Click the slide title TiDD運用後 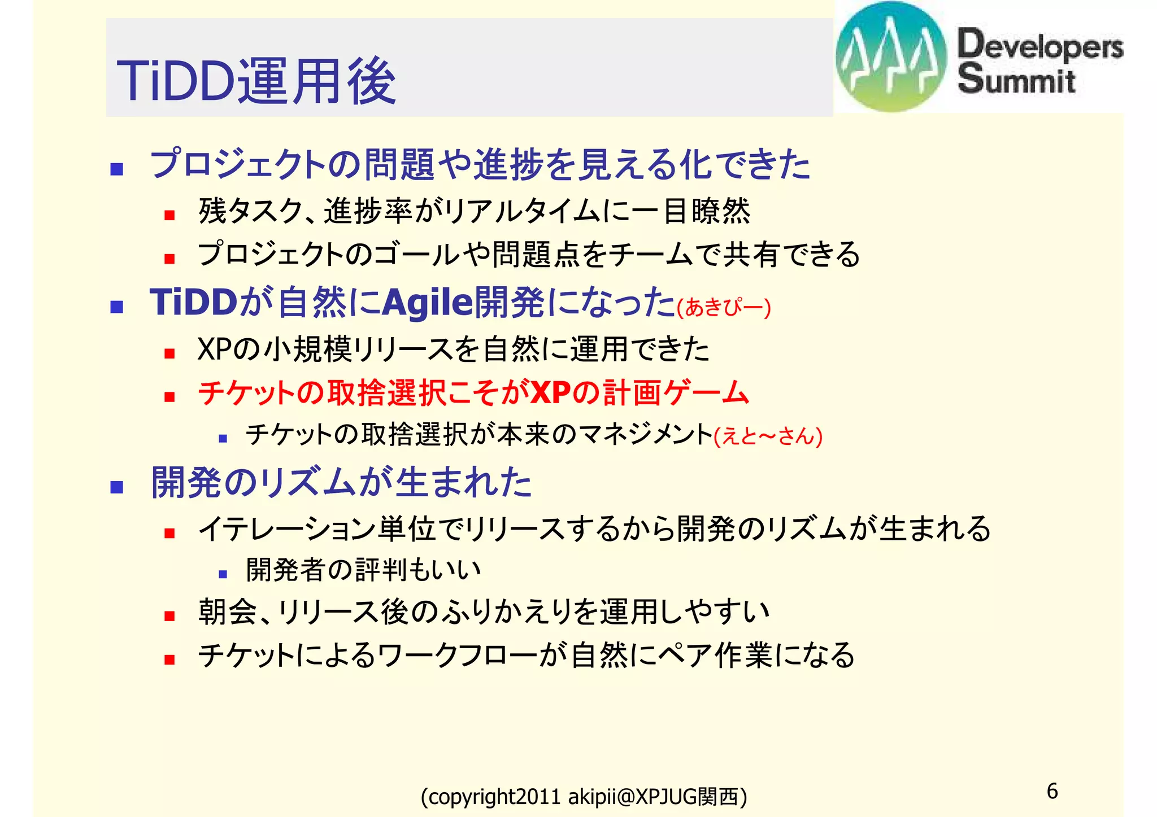tap(256, 81)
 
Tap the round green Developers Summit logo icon tap(891, 56)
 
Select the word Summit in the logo tap(1016, 79)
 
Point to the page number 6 tap(1052, 790)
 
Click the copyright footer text tap(584, 797)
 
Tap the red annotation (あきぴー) tap(724, 308)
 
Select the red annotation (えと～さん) tap(768, 436)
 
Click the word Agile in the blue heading tap(428, 302)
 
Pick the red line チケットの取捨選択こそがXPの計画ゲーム tap(473, 392)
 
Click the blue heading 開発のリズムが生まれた tap(341, 483)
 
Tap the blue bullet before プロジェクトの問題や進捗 tap(117, 169)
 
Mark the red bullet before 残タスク tap(169, 215)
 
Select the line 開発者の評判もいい tap(363, 570)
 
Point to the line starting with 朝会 tap(484, 611)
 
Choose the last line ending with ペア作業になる tap(526, 655)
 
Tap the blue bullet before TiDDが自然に tap(117, 307)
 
